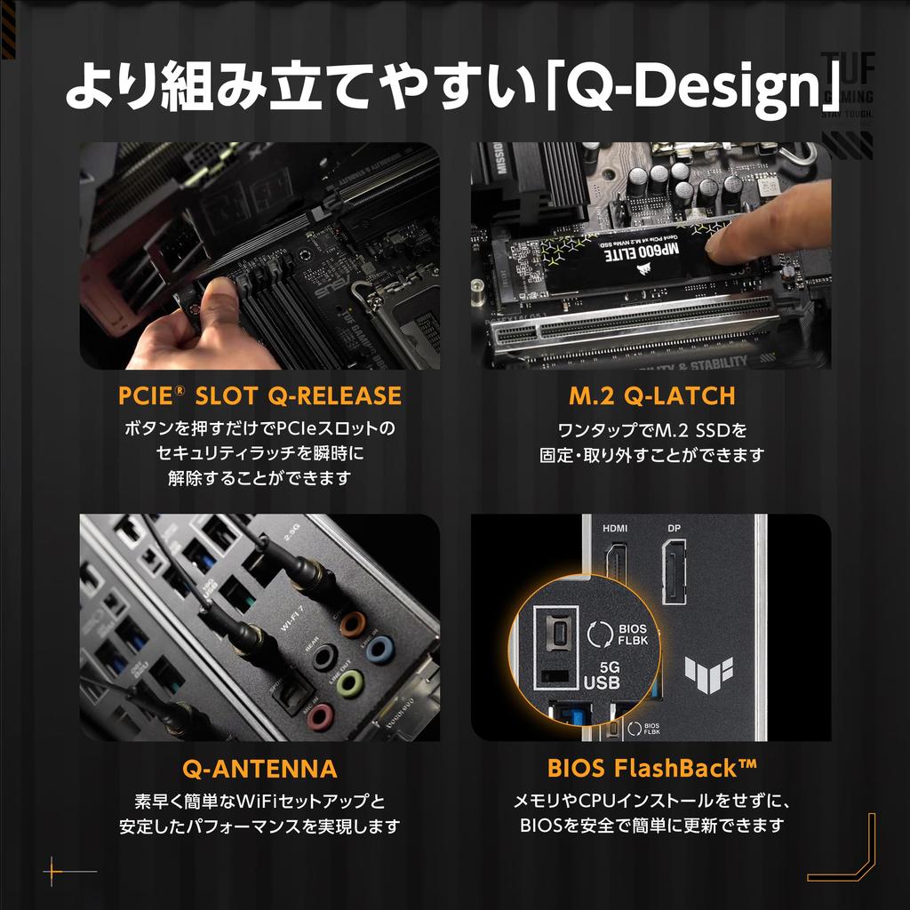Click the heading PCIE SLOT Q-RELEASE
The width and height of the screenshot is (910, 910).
pos(259,395)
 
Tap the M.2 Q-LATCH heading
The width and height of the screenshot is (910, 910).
pos(651,395)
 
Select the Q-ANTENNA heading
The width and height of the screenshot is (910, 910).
pos(259,768)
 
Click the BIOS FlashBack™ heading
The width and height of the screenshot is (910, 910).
pos(651,768)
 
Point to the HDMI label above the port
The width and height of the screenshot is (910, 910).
pos(615,528)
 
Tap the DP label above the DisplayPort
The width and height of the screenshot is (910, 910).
pos(675,528)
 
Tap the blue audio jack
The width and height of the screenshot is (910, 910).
pos(379,647)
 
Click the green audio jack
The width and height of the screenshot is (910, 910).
pos(351,682)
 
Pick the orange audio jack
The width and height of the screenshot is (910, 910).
pos(354,621)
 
